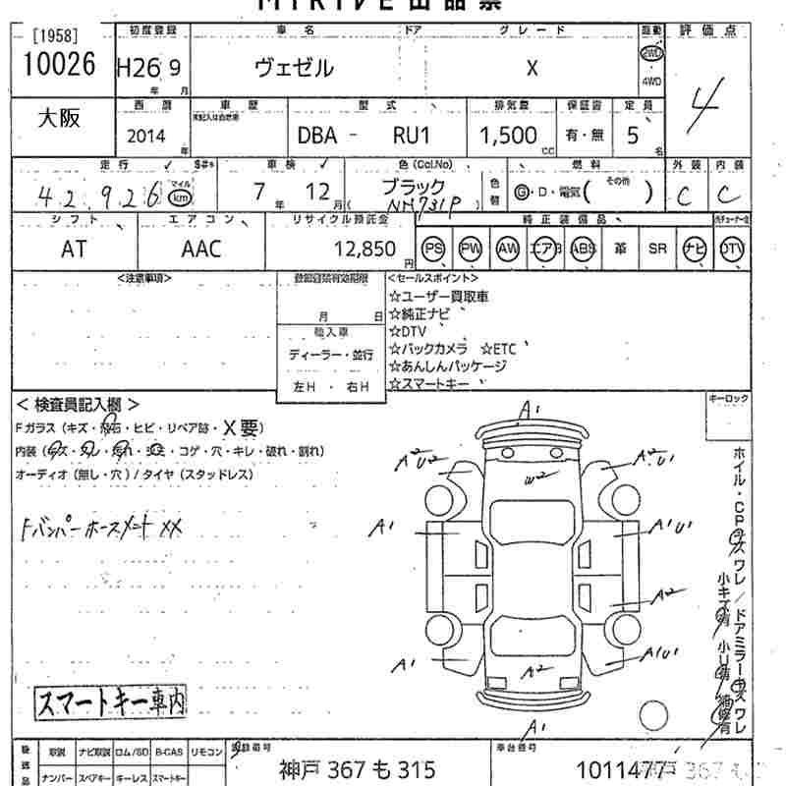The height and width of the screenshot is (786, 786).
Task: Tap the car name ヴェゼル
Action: pos(295,68)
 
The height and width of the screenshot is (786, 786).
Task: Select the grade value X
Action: pos(532,68)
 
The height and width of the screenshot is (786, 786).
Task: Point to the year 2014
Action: pos(147,136)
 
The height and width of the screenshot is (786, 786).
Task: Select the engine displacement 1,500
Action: pos(508,136)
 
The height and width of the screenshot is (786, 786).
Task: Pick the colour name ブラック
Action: pos(412,186)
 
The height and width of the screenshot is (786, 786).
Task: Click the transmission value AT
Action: pos(74,249)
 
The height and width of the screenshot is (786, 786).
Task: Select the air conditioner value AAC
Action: pos(201,249)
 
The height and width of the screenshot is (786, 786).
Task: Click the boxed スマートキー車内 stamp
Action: pos(110,701)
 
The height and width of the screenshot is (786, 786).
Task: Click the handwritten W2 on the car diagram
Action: pos(535,479)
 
